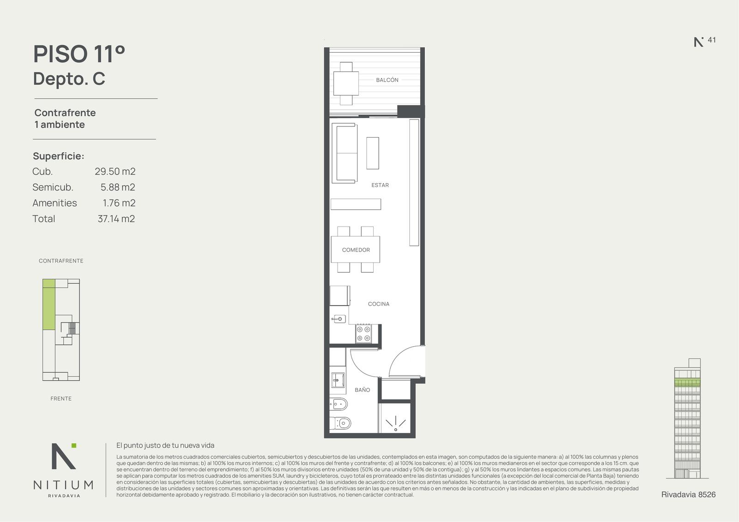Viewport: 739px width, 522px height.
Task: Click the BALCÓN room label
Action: (387, 80)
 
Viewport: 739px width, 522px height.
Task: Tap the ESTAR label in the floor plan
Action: (380, 185)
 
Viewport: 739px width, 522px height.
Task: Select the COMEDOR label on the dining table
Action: (356, 250)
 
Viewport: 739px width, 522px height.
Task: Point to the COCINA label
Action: (378, 304)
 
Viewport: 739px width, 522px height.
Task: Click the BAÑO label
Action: (362, 390)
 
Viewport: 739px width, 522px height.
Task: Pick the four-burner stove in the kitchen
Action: (363, 333)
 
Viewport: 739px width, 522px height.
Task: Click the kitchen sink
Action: (339, 319)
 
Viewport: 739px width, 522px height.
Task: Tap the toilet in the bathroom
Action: (340, 423)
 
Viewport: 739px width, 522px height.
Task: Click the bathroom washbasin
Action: (338, 380)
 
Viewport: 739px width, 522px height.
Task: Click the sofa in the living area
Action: (345, 153)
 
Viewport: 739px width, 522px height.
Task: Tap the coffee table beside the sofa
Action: (372, 153)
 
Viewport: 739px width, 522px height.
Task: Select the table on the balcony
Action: (346, 84)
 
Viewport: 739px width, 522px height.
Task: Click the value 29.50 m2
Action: (115, 172)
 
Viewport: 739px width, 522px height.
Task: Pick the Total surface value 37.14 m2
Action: (116, 219)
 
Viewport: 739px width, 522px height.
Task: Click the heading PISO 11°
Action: (79, 54)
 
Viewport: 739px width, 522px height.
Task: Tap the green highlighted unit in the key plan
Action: (49, 304)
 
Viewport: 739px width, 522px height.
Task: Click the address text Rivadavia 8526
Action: (689, 495)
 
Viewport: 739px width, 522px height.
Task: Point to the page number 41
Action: (712, 40)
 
